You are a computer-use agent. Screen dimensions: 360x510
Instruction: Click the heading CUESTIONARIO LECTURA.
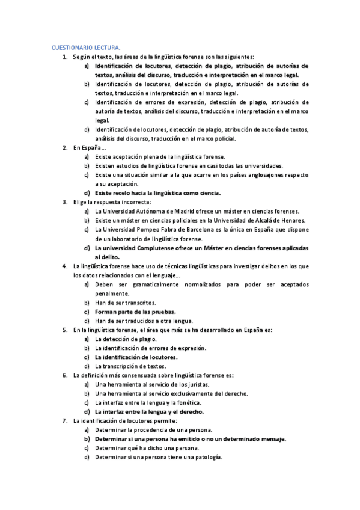(x=85, y=47)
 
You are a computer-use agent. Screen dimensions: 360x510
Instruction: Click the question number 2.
(x=65, y=147)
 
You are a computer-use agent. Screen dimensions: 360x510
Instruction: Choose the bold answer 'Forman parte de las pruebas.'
(x=135, y=312)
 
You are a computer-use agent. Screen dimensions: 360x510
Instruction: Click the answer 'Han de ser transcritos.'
(x=125, y=303)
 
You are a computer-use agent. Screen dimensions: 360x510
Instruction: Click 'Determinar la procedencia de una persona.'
(x=153, y=430)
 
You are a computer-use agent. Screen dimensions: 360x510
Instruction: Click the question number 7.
(x=65, y=421)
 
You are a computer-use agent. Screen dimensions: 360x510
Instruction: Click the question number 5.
(x=65, y=330)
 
